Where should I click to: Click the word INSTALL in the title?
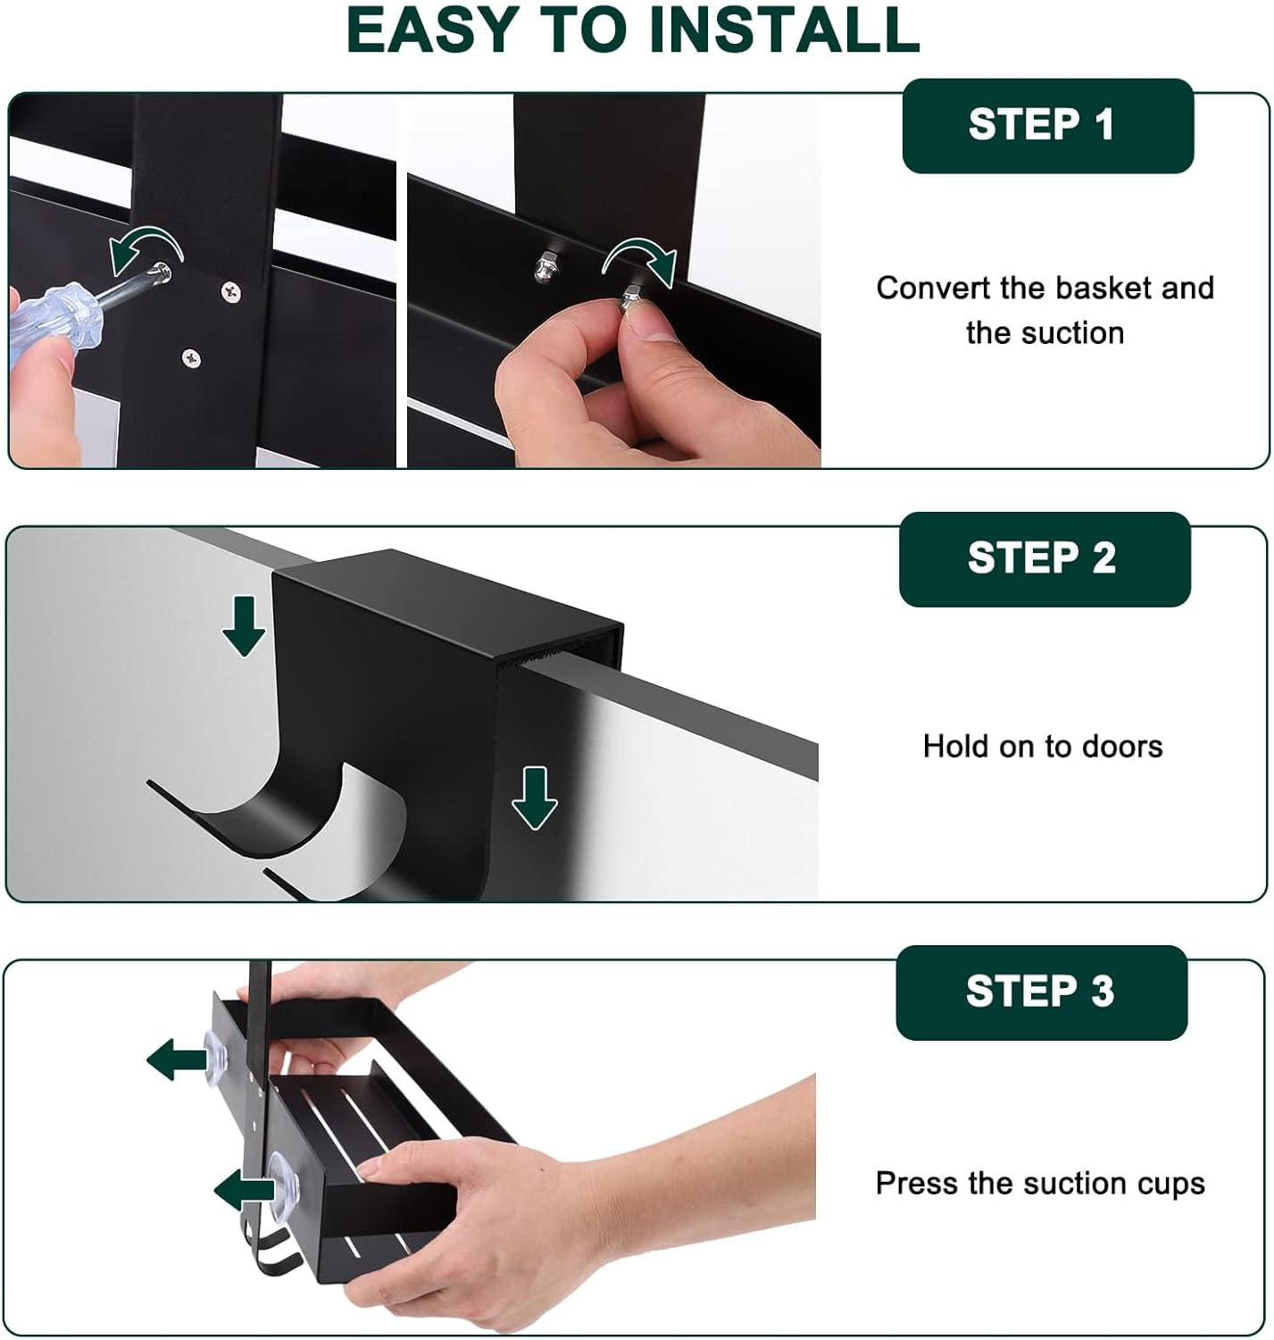pos(784,30)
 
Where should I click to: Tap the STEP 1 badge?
pos(1048,126)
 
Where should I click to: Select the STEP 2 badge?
pos(1045,559)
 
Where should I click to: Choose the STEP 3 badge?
pos(1041,992)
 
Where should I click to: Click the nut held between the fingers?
pos(633,300)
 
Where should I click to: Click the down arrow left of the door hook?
pos(244,626)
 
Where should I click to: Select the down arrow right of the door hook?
pos(535,798)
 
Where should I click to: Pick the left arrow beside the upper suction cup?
pos(177,1059)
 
